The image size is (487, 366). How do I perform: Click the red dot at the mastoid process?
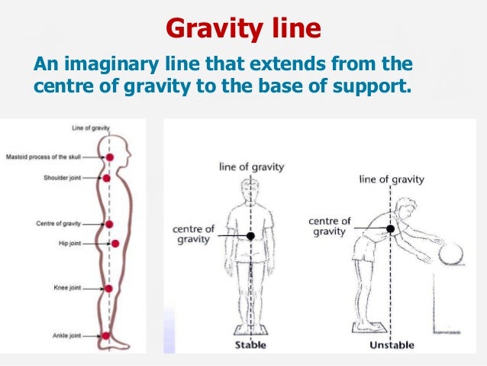pos(109,157)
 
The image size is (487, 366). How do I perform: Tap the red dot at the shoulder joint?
pos(107,178)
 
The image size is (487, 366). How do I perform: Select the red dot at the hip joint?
pos(115,244)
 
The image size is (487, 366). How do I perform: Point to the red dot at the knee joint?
pos(108,288)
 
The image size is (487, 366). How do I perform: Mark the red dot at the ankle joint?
pos(106,335)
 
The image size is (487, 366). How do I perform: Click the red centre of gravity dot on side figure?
pos(109,224)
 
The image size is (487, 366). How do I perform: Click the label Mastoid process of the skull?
pos(44,157)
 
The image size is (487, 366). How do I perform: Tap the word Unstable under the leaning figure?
pos(392,344)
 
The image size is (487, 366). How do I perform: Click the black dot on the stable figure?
pos(250,236)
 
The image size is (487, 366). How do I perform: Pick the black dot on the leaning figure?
pos(390,228)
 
